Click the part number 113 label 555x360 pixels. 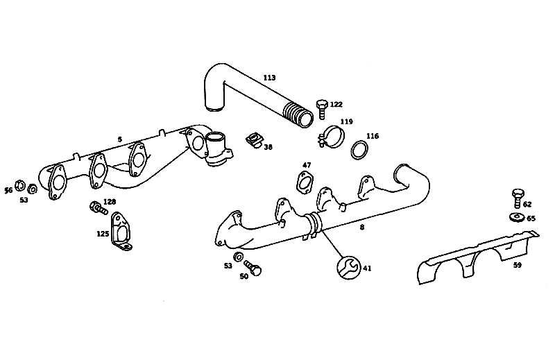click(x=269, y=78)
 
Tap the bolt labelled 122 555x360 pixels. click(x=322, y=109)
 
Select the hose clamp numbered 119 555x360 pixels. click(x=331, y=137)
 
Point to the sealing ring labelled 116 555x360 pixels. click(x=359, y=150)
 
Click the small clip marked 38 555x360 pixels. click(x=254, y=139)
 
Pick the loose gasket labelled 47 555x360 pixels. click(x=305, y=182)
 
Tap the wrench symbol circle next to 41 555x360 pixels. click(x=348, y=268)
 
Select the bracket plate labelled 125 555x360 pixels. click(x=121, y=232)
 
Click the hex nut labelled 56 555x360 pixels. click(x=20, y=185)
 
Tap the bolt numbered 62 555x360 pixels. click(x=518, y=198)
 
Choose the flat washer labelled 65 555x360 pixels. click(x=517, y=216)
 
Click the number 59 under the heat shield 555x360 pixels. click(x=517, y=265)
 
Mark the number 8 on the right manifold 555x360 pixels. click(x=361, y=228)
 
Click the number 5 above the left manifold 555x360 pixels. click(x=119, y=139)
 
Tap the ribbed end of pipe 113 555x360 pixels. click(x=298, y=114)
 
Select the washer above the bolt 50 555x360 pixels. click(x=238, y=256)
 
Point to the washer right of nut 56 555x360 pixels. click(x=33, y=189)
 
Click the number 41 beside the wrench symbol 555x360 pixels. click(x=368, y=268)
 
